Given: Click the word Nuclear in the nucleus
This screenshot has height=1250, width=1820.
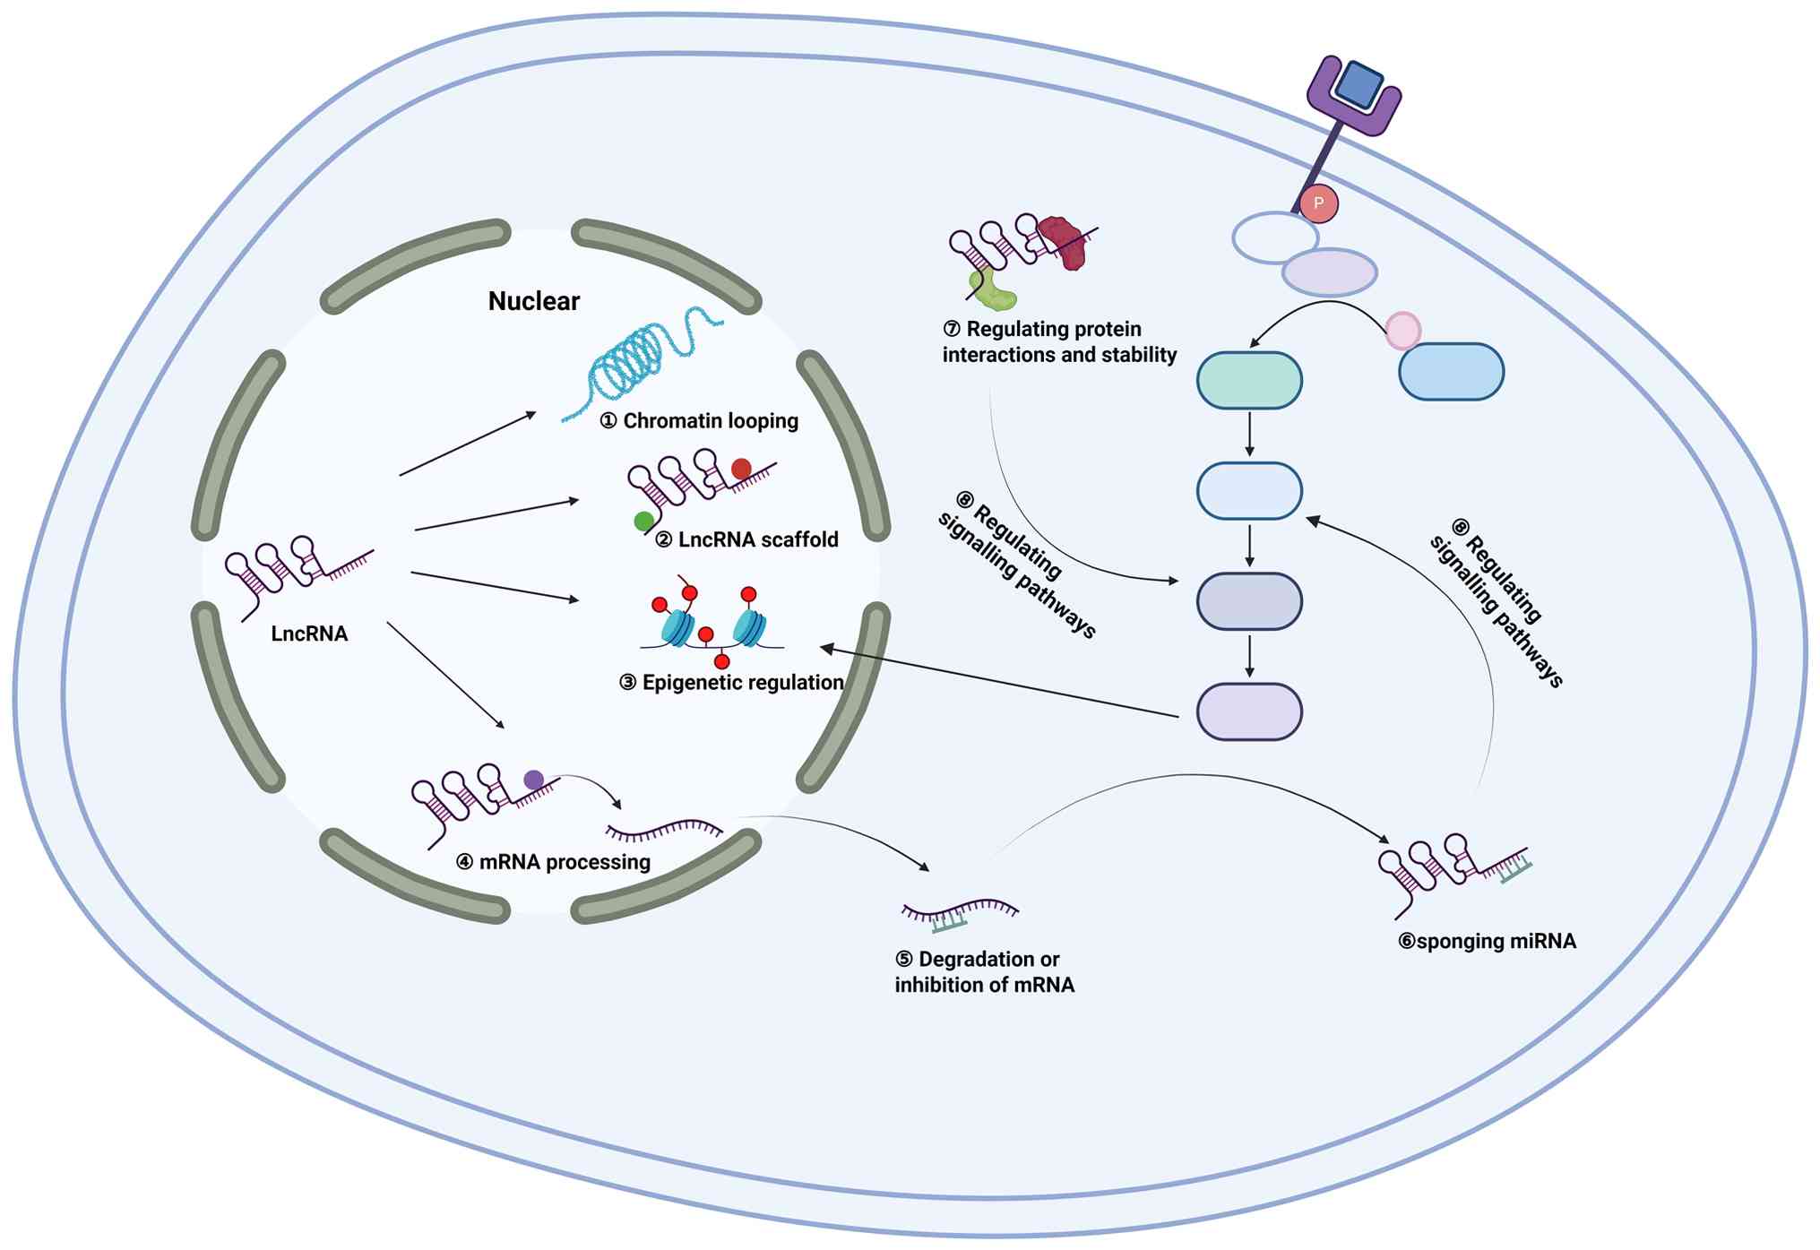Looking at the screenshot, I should [x=533, y=301].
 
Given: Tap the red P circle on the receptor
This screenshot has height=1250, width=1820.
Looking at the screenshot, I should [x=1318, y=203].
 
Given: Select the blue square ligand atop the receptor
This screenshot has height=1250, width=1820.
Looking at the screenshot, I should [x=1359, y=84].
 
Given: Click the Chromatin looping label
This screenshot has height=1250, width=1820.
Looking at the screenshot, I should [x=699, y=421].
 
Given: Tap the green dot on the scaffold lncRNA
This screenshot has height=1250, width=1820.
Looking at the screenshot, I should [x=643, y=521].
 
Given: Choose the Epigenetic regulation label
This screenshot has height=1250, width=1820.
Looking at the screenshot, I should [x=731, y=683].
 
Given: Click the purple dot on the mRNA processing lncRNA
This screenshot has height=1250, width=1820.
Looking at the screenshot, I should [x=533, y=780].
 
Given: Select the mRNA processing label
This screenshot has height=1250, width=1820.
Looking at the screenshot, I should [x=554, y=862].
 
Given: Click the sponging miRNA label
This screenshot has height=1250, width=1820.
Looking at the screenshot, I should [x=1487, y=941].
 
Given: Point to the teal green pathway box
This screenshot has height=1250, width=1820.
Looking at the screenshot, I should [x=1249, y=381].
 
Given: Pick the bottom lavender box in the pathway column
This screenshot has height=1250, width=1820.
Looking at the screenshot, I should [x=1249, y=712].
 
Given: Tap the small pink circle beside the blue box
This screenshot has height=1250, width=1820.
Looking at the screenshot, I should [x=1402, y=331].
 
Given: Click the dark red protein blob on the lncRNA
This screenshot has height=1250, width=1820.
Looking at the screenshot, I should [x=1063, y=243].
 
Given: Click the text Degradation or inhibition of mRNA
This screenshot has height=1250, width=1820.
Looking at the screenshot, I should [x=984, y=972].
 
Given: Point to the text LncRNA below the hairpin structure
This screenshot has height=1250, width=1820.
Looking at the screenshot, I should [x=309, y=634].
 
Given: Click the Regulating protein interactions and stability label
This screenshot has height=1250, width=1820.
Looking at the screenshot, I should [x=1059, y=342].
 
